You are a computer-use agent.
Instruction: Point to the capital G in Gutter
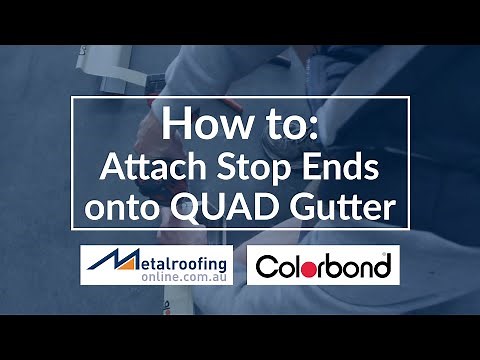(x=322, y=211)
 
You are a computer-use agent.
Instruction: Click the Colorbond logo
(x=323, y=267)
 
